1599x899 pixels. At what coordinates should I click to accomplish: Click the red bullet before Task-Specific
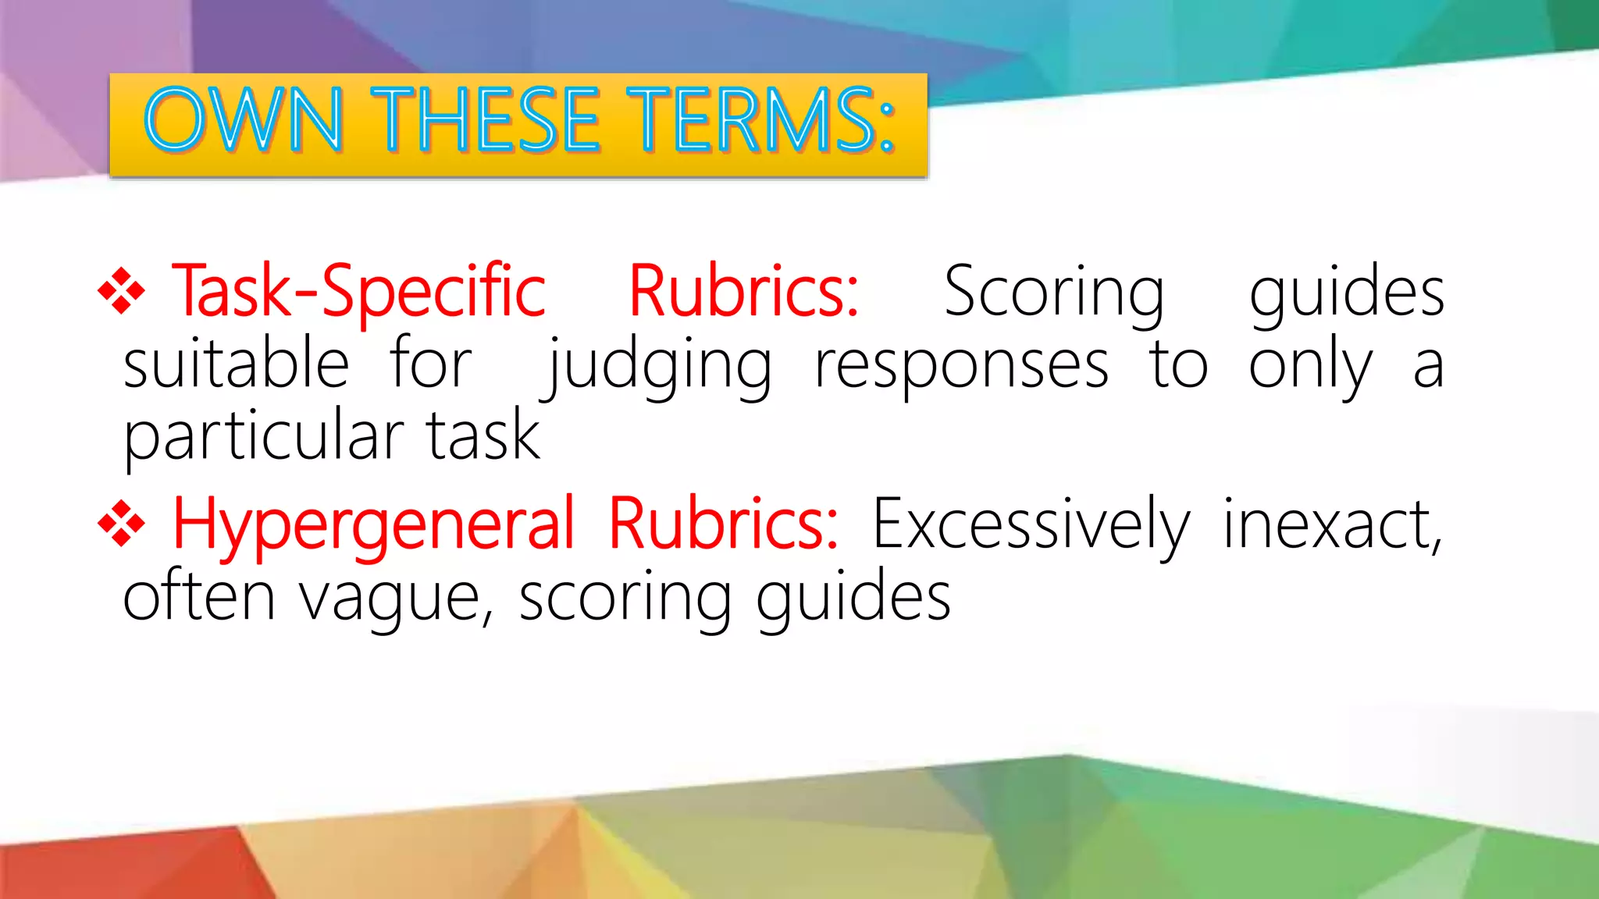(121, 291)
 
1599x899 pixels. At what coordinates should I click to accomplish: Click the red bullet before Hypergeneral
(121, 524)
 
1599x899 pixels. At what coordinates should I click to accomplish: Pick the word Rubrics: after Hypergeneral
(723, 524)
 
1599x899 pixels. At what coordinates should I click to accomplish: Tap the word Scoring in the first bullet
(1054, 293)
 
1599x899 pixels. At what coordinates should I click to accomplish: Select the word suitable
(236, 364)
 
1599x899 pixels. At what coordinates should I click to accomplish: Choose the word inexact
(1331, 524)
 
